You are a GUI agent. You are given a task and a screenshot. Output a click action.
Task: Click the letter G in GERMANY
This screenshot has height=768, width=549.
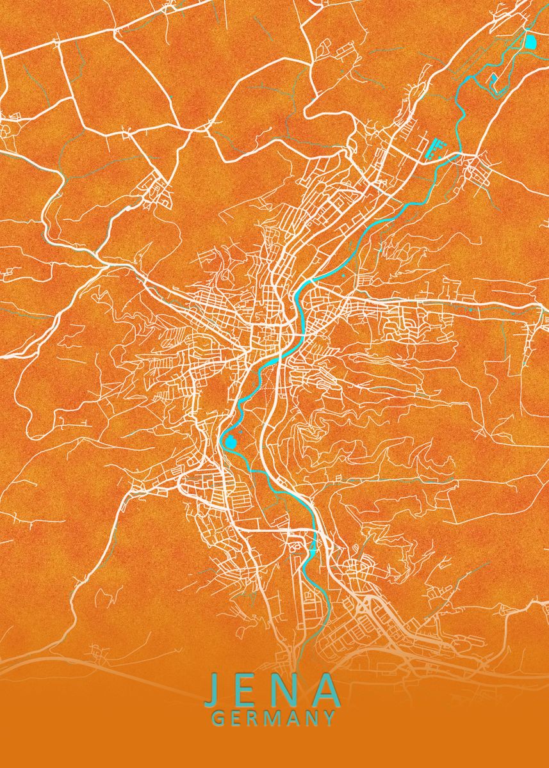[x=218, y=718]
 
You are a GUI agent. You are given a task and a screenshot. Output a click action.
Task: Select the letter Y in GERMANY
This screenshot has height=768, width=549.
[x=329, y=718]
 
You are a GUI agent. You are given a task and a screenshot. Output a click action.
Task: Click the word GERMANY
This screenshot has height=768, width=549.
[x=274, y=718]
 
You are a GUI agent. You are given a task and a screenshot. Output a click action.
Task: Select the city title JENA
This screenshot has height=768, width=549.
[x=273, y=690]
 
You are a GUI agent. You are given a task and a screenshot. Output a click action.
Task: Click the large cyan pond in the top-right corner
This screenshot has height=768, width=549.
[x=530, y=42]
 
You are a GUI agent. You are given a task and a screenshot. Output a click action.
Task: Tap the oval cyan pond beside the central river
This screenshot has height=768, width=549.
[x=231, y=442]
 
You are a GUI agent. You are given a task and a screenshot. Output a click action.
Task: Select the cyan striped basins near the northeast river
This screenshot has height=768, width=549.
[x=436, y=149]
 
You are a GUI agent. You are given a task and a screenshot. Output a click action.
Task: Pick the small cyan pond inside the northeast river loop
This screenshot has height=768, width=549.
[x=494, y=80]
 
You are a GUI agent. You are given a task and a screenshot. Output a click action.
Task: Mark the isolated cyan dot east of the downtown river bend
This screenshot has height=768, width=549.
[x=343, y=276]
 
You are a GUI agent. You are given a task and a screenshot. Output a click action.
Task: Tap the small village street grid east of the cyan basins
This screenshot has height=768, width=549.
[x=479, y=170]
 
